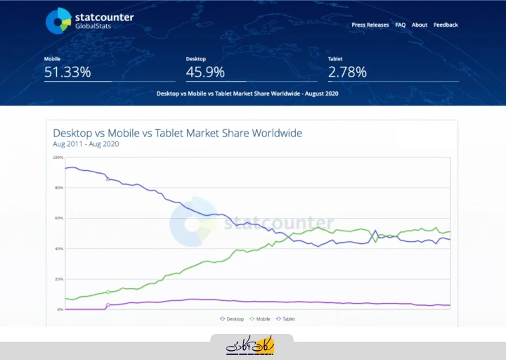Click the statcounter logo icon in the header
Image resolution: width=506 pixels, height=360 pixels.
58,21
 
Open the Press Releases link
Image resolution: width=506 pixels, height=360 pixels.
370,25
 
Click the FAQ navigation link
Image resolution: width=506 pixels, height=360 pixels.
401,25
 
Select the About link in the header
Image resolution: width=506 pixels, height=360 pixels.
420,25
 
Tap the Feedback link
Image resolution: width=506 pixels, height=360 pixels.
446,25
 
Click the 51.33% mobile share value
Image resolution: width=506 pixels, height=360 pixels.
67,72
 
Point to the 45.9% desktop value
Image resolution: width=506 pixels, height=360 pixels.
205,72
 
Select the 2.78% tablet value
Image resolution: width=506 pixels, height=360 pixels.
347,72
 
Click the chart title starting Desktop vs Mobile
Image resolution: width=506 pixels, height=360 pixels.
177,133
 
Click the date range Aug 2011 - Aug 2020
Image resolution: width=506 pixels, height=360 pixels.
86,144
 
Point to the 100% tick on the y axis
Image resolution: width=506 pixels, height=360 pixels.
58,157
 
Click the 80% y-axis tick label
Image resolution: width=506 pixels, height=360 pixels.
58,188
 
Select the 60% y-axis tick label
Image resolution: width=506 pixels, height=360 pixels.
58,218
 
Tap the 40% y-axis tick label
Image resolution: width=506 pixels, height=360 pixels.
58,249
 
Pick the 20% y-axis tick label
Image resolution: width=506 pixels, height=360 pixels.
58,279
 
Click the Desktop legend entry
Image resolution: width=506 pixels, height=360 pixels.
232,319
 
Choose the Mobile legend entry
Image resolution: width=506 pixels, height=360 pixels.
260,319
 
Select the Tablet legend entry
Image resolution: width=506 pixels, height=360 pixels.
286,319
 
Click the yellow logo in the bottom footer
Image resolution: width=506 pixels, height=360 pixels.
252,346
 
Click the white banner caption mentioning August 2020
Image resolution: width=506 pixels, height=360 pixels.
247,93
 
